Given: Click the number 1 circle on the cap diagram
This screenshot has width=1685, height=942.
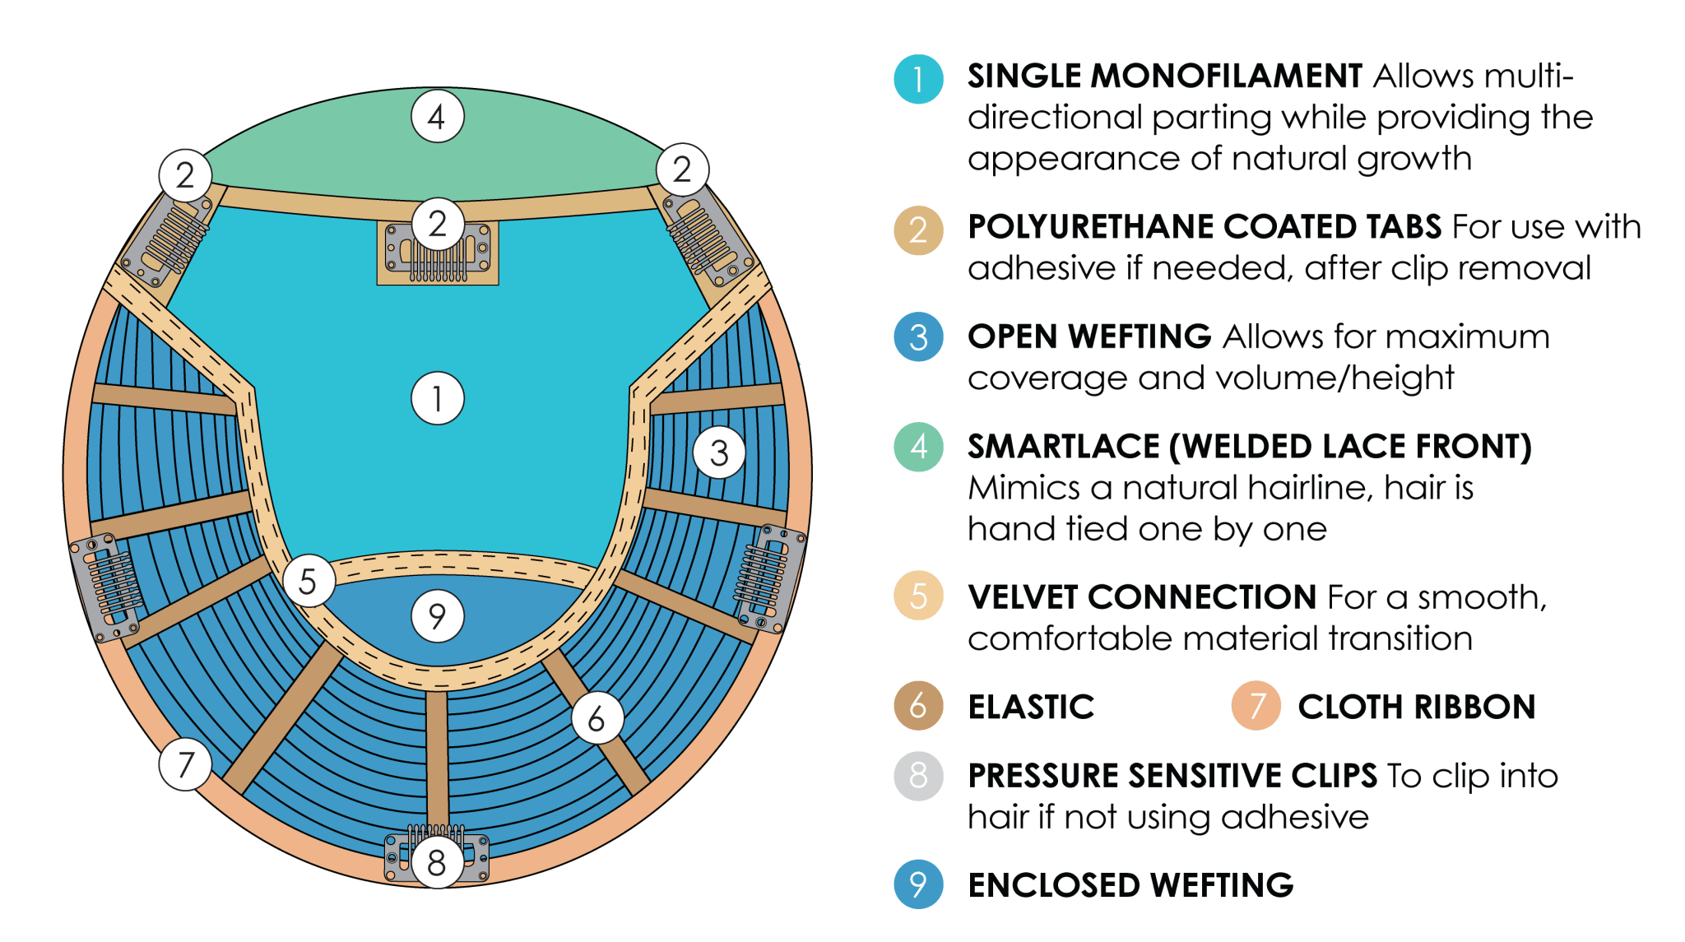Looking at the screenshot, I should coord(438,399).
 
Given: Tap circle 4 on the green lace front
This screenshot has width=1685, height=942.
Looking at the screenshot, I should coord(438,116).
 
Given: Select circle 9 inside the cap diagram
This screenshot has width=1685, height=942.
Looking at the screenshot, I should coord(438,615).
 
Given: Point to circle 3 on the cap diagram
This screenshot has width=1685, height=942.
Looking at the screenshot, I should coord(719,452).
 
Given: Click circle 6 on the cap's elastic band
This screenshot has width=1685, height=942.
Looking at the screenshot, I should coord(597,718).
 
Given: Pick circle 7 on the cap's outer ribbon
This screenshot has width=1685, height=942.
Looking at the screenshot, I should coord(186,764).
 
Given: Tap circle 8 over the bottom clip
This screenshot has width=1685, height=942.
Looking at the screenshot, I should coord(437,863).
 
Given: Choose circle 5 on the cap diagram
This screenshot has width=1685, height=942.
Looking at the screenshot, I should coord(309,581).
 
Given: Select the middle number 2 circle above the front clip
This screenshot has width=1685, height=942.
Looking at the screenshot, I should coord(438,224).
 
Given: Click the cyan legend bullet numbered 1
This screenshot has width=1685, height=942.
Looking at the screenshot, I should coord(918,80).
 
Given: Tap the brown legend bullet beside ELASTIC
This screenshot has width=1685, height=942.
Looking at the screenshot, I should coord(918,706).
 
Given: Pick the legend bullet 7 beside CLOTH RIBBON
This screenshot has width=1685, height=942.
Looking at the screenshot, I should coord(1256,706).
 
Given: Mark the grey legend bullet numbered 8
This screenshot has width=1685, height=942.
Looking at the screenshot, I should coord(918,775).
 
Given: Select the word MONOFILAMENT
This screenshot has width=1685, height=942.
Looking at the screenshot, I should coord(1227,77).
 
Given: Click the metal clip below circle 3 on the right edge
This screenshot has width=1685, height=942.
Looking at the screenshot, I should coord(770,578).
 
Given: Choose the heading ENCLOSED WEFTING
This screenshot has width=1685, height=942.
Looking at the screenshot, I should coord(1131,885).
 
